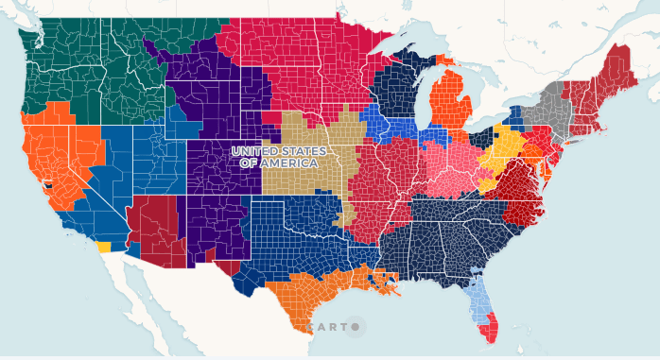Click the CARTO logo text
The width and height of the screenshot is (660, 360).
(327, 327)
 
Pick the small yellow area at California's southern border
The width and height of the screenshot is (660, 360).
(103, 247)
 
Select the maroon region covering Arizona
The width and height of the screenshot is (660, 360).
(156, 227)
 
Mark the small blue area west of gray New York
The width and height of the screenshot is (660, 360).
(516, 119)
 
